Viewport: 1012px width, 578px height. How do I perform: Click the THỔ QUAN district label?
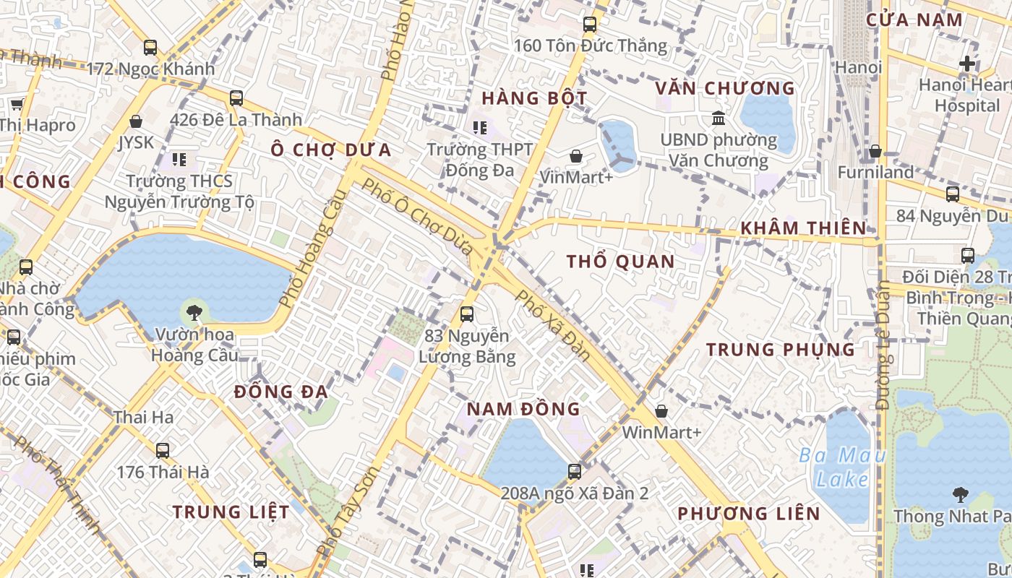tap(620, 262)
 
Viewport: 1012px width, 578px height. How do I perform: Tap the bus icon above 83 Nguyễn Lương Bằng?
tap(467, 314)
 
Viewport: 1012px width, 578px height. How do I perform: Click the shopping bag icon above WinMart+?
tap(661, 411)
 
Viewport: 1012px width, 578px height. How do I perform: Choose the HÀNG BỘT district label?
tap(534, 98)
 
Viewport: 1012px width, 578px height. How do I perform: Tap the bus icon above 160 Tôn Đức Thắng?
tap(590, 25)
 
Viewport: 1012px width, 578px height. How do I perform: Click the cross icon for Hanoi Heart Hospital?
tap(967, 64)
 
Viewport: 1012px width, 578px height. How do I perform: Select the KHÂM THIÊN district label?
tap(802, 228)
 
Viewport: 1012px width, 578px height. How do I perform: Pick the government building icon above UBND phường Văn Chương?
tap(719, 118)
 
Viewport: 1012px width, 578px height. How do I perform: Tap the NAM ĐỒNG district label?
tap(523, 409)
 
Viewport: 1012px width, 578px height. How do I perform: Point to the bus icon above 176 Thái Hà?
tap(163, 450)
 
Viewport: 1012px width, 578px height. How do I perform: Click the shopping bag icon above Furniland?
tap(875, 151)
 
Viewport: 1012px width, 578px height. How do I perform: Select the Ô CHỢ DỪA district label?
tap(331, 150)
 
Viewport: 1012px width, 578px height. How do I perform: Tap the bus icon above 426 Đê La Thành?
tap(236, 98)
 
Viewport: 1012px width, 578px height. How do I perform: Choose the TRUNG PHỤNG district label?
tap(781, 350)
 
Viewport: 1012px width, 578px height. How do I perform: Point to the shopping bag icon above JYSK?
tap(136, 121)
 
